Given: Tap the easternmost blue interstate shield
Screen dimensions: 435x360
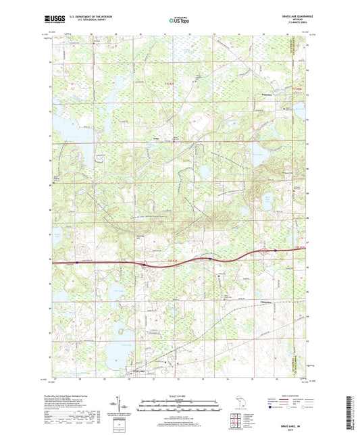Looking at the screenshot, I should [x=276, y=251].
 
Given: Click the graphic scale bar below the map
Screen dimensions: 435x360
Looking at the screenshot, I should [x=179, y=403].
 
